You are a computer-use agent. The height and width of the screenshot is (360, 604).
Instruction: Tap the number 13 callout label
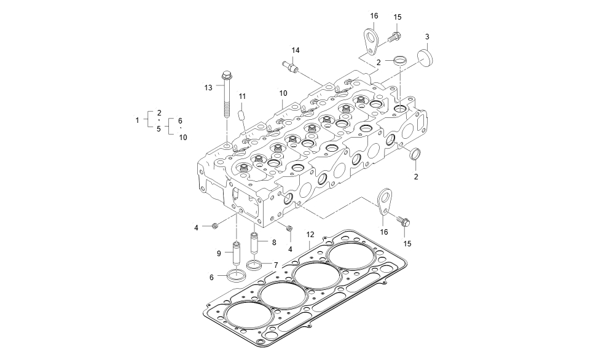[208, 88]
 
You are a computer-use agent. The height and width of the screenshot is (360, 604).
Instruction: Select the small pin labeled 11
[241, 115]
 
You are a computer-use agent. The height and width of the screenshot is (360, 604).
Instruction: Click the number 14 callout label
[296, 50]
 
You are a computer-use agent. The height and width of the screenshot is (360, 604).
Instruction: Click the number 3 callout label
[427, 37]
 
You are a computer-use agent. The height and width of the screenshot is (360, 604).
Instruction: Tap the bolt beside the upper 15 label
[396, 36]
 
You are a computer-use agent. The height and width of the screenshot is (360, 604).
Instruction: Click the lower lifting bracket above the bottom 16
[384, 202]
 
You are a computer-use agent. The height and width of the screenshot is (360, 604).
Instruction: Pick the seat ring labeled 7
[254, 265]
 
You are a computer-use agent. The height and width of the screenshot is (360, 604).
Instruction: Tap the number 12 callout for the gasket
[310, 234]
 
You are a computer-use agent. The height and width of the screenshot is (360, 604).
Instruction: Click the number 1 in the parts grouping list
[137, 120]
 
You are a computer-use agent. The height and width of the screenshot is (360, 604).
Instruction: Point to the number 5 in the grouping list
[159, 129]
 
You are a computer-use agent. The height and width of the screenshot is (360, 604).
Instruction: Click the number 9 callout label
[218, 253]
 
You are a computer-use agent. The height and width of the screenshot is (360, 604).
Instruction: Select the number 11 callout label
[242, 96]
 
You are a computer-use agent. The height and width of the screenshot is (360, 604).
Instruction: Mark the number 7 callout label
[276, 265]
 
